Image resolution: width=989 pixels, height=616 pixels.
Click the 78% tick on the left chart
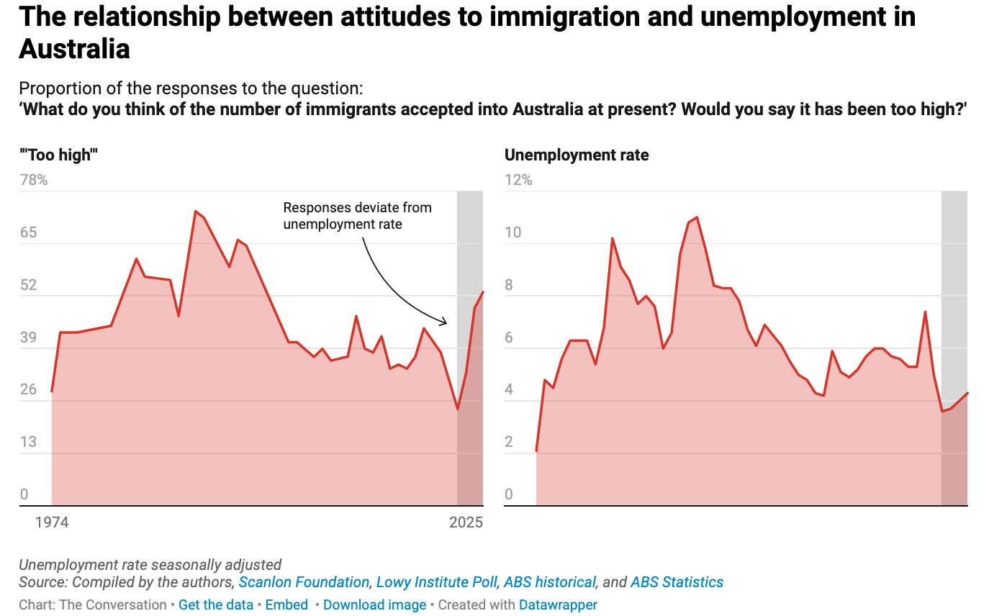click(33, 180)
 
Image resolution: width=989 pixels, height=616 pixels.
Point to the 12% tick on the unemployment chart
click(518, 180)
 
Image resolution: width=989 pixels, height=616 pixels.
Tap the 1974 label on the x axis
click(52, 522)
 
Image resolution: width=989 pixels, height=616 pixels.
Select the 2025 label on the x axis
click(466, 522)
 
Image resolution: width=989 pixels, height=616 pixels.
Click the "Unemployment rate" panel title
click(577, 155)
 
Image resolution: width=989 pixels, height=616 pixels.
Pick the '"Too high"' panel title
click(58, 155)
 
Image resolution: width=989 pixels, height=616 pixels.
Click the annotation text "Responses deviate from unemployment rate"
click(357, 216)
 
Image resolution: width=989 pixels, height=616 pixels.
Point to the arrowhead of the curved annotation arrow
click(446, 322)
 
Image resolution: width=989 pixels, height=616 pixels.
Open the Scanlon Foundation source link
click(304, 582)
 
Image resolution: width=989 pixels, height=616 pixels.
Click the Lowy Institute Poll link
click(436, 582)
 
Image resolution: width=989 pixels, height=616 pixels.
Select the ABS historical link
click(550, 582)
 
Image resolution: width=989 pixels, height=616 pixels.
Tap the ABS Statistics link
click(677, 582)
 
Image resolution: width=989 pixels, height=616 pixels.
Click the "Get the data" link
click(216, 605)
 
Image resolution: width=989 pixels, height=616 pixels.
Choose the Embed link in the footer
click(286, 605)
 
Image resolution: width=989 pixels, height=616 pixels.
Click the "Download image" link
click(374, 605)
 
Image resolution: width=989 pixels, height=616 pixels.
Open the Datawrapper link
click(558, 605)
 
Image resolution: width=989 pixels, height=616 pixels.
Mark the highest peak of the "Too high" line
click(195, 212)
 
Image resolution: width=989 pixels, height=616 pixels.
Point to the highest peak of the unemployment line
click(697, 217)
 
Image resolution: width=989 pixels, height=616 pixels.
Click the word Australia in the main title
click(74, 49)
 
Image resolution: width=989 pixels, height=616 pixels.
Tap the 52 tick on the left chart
click(28, 285)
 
